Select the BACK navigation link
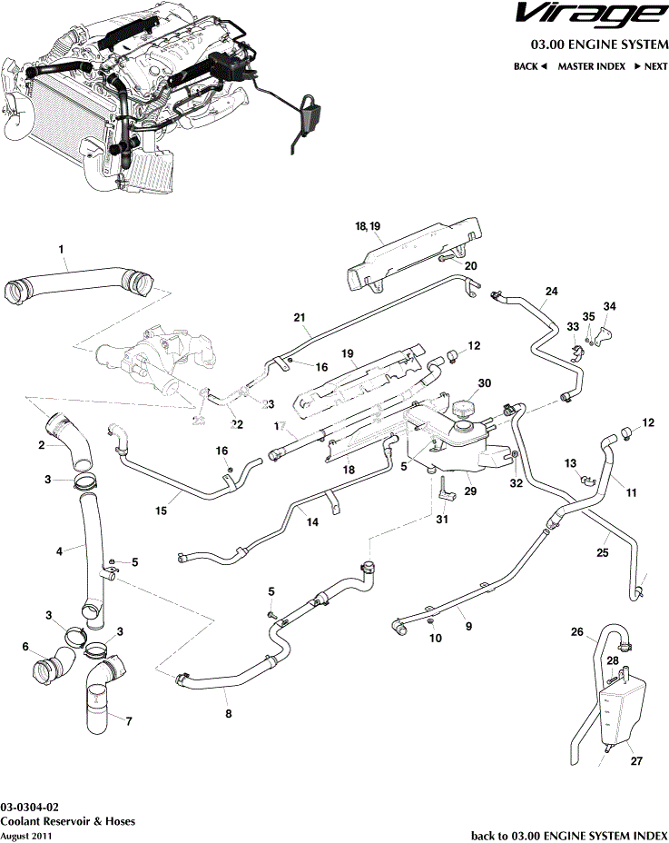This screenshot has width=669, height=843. tap(530, 66)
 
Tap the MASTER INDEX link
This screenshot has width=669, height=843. tap(590, 66)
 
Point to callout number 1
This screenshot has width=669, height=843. tap(61, 248)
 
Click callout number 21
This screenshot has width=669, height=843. tap(297, 317)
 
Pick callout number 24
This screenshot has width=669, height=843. tap(550, 292)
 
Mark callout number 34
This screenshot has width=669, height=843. tap(609, 305)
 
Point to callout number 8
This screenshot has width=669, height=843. tap(228, 714)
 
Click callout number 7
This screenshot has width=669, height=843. tap(128, 722)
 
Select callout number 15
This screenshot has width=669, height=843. tap(161, 511)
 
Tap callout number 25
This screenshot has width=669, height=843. tap(601, 550)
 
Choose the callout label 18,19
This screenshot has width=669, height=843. tap(368, 224)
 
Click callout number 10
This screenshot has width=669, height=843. tap(435, 639)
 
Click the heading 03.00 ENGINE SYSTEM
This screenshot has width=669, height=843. tap(599, 44)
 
